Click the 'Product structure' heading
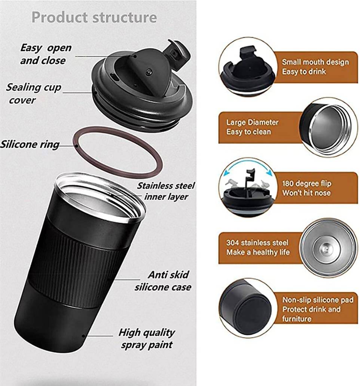(94, 17)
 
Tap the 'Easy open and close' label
(45, 54)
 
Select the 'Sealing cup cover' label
(33, 94)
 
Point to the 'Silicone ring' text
(30, 144)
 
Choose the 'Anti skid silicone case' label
(163, 281)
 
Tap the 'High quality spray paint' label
(147, 338)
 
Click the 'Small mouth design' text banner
(315, 67)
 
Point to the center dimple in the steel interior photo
(324, 248)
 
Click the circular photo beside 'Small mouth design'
(247, 67)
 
